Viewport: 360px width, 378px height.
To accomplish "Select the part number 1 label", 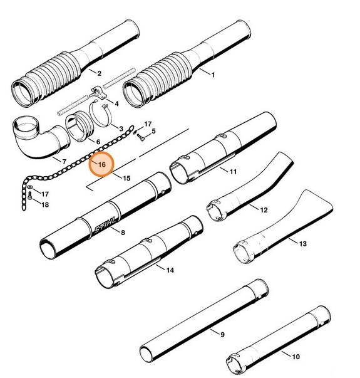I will (212, 75).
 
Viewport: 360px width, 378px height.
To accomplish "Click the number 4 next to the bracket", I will (116, 102).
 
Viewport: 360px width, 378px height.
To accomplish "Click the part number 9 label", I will (222, 334).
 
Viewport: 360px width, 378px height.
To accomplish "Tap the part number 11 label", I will (233, 171).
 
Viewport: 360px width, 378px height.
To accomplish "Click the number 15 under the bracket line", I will (126, 179).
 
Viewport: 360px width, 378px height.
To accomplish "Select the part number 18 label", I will (44, 204).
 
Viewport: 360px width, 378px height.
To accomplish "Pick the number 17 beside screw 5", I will (148, 124).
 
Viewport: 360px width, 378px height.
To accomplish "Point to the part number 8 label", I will (123, 233).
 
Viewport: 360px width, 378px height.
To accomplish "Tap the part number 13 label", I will (304, 243).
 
